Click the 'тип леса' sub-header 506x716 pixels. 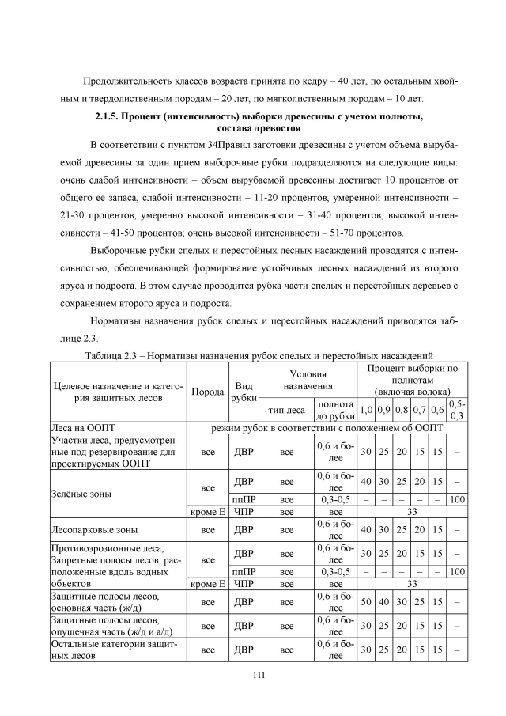click(x=286, y=410)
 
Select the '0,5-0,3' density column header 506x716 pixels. click(x=457, y=410)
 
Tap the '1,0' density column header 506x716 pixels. click(x=366, y=410)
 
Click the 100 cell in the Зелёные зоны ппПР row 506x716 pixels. click(x=457, y=500)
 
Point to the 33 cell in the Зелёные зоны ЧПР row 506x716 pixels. click(x=411, y=512)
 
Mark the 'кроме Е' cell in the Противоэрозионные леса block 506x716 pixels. click(x=206, y=585)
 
